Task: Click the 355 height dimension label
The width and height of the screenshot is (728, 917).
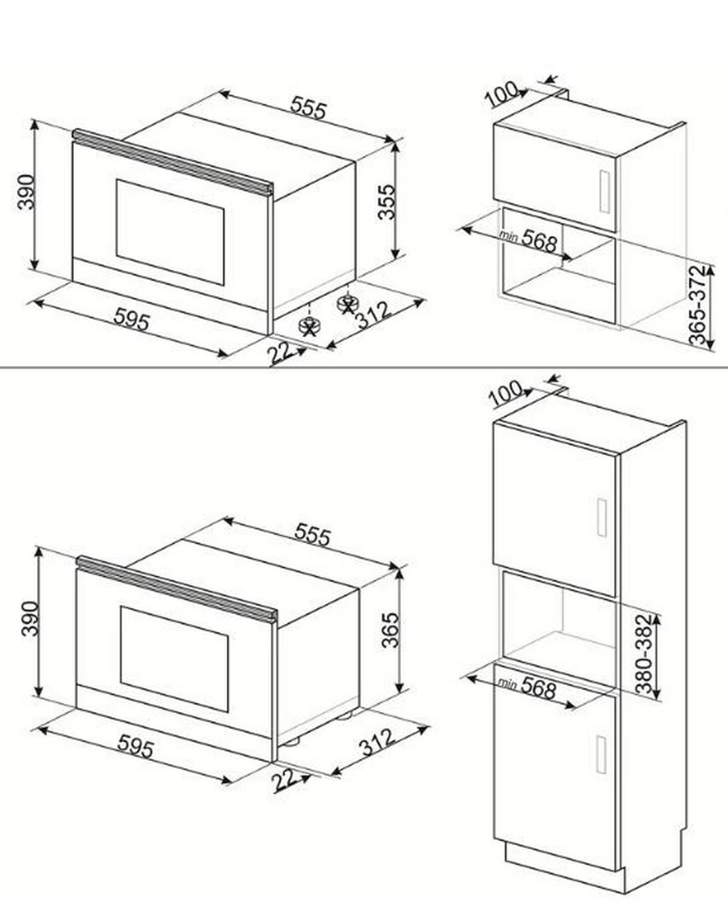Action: pos(386,202)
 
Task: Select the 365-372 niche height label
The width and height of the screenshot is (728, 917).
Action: pos(699,305)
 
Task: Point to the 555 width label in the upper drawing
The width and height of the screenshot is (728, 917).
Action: pos(308,109)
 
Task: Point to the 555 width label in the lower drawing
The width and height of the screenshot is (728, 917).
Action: pos(312,535)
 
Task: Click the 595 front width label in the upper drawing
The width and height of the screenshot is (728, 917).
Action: pos(132,320)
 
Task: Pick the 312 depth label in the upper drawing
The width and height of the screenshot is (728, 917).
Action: pos(372,316)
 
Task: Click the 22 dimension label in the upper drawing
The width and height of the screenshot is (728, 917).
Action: pos(280,353)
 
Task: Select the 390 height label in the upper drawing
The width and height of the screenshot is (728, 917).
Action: pos(26,192)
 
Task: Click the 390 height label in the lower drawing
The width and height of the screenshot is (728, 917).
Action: pos(30,618)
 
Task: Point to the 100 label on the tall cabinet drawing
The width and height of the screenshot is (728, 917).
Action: pos(505,394)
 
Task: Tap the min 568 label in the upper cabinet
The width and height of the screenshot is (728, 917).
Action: pos(528,239)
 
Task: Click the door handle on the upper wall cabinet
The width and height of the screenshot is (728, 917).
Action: pos(604,191)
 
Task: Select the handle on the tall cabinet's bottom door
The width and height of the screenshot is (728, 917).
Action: pos(601,754)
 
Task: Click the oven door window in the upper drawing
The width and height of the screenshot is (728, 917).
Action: pos(170,232)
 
